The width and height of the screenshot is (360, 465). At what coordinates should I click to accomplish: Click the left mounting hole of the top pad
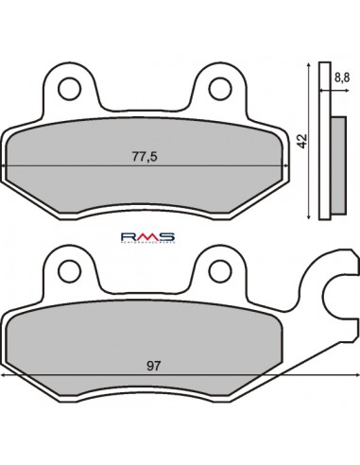[x=69, y=90]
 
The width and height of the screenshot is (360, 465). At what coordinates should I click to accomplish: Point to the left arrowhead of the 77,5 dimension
[x=9, y=166]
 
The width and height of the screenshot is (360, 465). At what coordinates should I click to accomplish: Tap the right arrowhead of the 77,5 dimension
[x=289, y=166]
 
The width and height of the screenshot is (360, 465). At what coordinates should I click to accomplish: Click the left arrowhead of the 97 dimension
[x=6, y=375]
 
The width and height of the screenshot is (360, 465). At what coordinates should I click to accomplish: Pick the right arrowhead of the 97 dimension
[x=356, y=375]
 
